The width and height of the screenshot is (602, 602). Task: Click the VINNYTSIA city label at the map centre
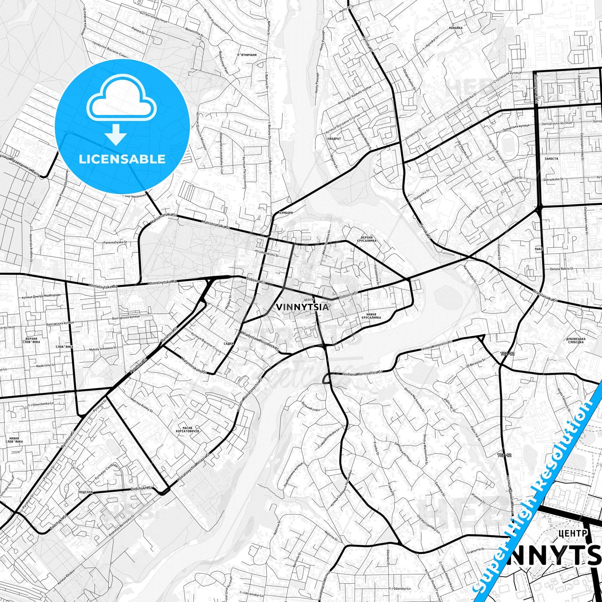pyautogui.click(x=302, y=307)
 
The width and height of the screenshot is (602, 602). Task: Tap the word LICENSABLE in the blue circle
pyautogui.click(x=122, y=159)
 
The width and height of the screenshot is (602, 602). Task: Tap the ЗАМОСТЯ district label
pyautogui.click(x=551, y=159)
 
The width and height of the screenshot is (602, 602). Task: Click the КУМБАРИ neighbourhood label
pyautogui.click(x=286, y=213)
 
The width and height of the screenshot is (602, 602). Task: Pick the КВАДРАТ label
pyautogui.click(x=334, y=139)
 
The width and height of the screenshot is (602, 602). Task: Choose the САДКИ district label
pyautogui.click(x=229, y=344)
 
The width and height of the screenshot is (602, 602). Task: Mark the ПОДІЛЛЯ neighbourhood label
pyautogui.click(x=85, y=492)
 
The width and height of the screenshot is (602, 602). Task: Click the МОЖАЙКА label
pyautogui.click(x=456, y=28)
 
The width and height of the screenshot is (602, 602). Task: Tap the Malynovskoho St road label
pyautogui.click(x=194, y=365)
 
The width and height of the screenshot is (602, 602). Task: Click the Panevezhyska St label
pyautogui.click(x=115, y=242)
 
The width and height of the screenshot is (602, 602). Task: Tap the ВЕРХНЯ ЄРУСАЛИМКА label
pyautogui.click(x=367, y=239)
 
